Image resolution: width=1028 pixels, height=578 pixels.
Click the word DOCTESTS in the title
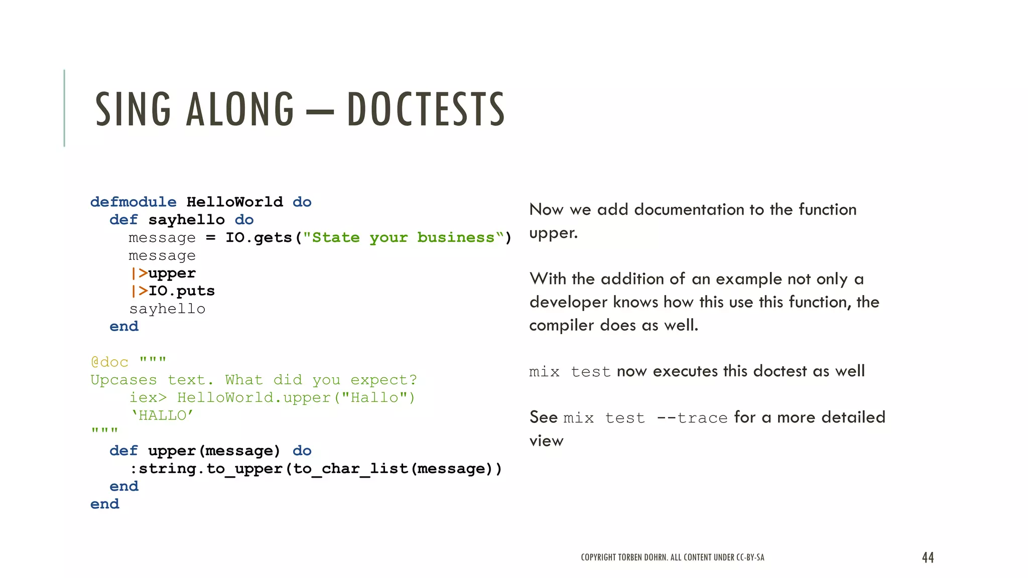(x=426, y=109)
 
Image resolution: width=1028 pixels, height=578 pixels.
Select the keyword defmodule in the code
(x=133, y=202)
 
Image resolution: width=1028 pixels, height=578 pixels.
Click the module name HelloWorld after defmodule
(x=234, y=202)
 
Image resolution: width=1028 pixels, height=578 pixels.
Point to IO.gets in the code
(x=259, y=238)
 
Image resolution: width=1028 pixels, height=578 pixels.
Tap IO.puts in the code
(x=181, y=291)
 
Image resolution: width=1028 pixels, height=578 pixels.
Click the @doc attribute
(x=109, y=362)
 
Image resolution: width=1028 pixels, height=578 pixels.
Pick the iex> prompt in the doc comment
(x=148, y=398)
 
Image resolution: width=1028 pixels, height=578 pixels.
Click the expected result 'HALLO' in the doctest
(x=162, y=415)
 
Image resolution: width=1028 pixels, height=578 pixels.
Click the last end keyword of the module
(x=104, y=504)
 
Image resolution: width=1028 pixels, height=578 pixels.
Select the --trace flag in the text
(x=692, y=418)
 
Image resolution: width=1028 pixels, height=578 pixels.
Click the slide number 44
(x=928, y=557)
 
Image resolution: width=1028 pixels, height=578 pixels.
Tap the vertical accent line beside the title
(x=64, y=108)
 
